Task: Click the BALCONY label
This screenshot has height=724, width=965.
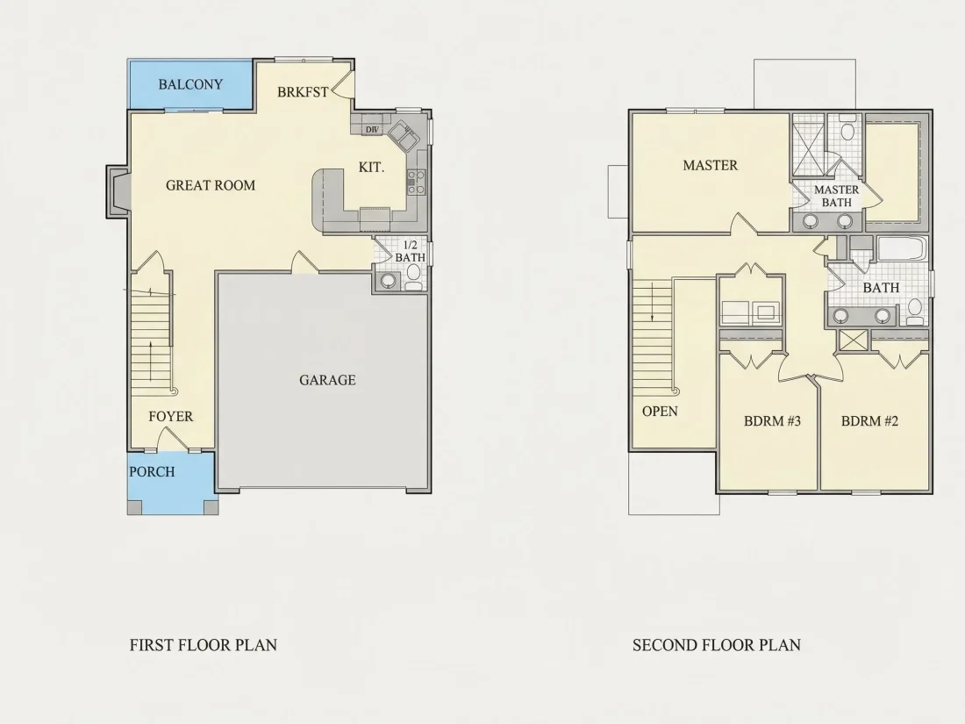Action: [190, 84]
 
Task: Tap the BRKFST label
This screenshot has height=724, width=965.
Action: [303, 92]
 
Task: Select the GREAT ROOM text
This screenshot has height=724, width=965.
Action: [211, 185]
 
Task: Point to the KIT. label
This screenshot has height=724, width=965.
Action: [371, 167]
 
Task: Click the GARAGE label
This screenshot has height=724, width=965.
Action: [327, 380]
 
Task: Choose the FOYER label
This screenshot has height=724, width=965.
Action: [170, 417]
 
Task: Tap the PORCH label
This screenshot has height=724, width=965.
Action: [152, 472]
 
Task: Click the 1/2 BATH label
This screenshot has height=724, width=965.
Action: [410, 251]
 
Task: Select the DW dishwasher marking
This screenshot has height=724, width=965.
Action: [372, 130]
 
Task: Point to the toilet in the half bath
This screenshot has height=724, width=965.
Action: [413, 276]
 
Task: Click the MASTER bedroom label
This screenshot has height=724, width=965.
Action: [711, 165]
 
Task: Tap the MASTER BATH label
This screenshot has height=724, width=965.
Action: [836, 196]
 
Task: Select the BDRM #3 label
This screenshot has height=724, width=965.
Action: [772, 421]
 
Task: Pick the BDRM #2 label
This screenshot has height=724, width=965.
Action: [869, 421]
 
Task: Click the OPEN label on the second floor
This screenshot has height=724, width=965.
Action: [660, 412]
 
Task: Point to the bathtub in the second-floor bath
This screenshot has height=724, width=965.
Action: [902, 249]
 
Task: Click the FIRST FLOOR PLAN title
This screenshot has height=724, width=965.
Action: [204, 645]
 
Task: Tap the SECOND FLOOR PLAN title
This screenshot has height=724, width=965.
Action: [717, 645]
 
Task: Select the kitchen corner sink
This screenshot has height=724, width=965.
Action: [404, 136]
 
